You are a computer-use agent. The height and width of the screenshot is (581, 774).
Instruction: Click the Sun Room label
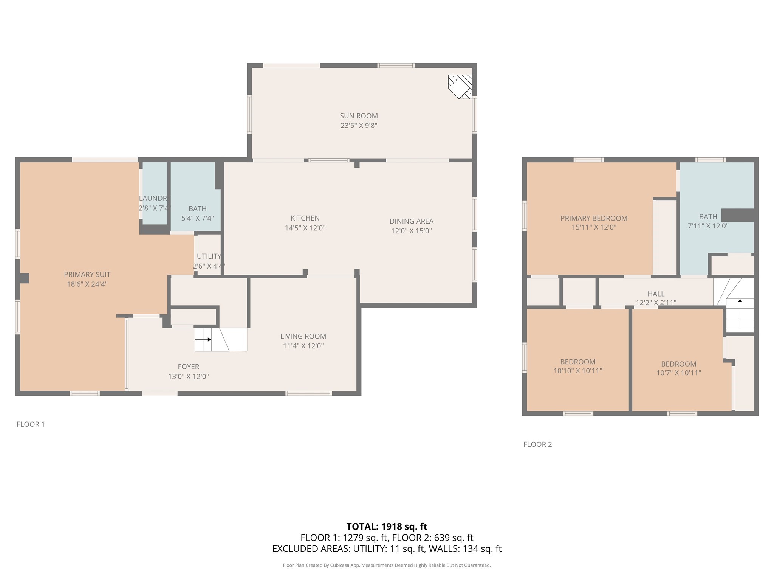point(359,116)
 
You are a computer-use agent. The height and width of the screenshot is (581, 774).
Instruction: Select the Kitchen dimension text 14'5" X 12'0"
point(305,228)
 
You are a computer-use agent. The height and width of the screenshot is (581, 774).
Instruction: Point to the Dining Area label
point(411,221)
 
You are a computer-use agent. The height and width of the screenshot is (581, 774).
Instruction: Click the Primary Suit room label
point(87,275)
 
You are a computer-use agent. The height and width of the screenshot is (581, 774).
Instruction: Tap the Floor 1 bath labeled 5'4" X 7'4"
point(197,213)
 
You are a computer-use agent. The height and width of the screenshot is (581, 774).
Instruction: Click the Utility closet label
point(209,256)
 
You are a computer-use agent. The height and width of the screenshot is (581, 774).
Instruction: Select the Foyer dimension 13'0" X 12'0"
point(188,377)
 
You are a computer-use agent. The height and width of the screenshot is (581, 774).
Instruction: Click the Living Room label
point(303,336)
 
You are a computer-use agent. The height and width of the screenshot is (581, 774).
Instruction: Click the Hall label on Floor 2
point(656,294)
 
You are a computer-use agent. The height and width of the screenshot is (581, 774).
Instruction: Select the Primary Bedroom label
point(594,218)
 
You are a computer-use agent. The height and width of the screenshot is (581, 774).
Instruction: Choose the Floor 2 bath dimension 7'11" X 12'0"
point(708,226)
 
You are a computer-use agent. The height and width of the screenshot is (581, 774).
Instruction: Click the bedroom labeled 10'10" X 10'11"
point(577,366)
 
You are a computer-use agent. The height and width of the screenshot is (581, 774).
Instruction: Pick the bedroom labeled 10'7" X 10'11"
point(678,368)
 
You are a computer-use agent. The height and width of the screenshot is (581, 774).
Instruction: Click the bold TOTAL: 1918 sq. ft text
point(387,527)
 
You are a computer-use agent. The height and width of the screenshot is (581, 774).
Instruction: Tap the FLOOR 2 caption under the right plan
point(537,444)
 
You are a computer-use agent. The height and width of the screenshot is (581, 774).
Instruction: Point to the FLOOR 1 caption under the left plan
point(31,424)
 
